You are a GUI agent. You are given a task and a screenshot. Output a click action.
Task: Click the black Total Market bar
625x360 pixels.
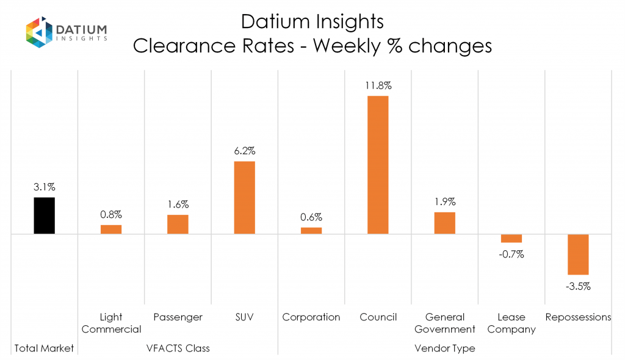point(45,215)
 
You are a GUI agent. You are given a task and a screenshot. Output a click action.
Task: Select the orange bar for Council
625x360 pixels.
point(378,165)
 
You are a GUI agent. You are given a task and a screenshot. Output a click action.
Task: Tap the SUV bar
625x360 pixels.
point(244,197)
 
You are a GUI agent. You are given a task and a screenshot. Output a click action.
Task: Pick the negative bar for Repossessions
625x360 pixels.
point(578,254)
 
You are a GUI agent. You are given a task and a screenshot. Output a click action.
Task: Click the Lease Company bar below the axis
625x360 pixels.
point(511,239)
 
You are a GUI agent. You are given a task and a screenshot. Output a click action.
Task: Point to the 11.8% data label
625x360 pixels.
point(378,85)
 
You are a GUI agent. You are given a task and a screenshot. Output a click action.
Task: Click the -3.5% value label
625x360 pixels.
point(578,286)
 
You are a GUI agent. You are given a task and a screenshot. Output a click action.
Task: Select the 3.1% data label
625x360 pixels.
point(45,187)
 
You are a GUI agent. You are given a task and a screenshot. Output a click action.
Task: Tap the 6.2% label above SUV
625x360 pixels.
point(244,151)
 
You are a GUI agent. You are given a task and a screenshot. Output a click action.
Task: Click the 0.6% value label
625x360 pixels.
point(311,217)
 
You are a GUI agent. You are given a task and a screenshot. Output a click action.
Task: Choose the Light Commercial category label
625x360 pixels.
point(111,323)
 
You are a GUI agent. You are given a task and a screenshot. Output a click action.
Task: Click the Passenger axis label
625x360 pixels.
point(178,317)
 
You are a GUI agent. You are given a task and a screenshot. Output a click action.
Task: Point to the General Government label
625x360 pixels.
point(445,323)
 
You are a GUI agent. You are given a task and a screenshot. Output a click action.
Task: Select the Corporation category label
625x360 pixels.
point(311,317)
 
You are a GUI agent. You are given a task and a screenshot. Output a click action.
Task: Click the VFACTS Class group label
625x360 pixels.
point(178,348)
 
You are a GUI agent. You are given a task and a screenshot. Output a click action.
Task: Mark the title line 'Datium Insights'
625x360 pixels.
point(312,22)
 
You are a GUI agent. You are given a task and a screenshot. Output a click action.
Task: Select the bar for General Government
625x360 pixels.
point(445,223)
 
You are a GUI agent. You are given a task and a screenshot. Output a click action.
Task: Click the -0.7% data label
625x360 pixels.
point(511,254)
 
